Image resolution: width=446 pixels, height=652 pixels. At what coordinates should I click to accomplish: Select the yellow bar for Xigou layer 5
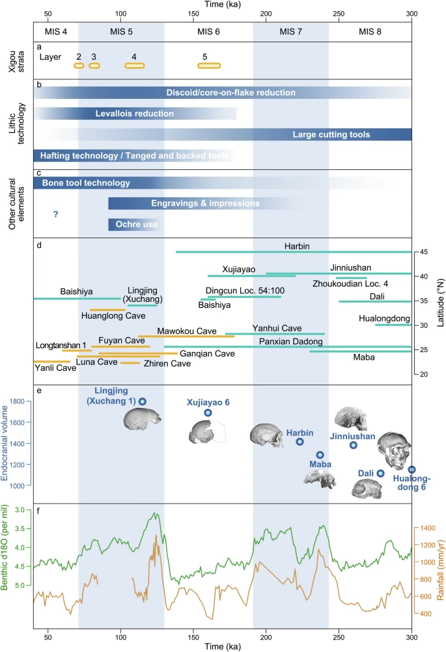point(209,65)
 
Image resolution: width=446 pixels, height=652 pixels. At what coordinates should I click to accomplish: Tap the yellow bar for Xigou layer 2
point(79,65)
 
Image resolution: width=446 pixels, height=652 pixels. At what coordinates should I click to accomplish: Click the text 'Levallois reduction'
point(135,114)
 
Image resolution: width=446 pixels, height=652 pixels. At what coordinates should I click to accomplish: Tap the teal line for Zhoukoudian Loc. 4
point(352,277)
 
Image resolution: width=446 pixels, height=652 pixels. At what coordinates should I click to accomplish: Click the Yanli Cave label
point(50,367)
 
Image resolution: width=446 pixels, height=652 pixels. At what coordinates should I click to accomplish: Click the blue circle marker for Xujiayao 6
point(208,413)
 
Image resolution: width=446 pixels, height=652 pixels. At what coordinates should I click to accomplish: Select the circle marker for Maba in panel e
point(320,455)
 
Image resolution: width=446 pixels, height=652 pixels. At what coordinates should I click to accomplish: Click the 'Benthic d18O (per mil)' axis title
point(7,555)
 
